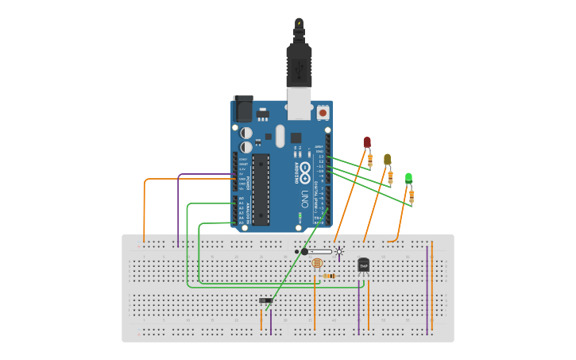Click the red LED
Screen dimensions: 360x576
click(367, 142)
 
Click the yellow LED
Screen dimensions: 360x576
click(387, 159)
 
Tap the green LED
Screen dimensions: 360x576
click(408, 177)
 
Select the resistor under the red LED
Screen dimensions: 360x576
click(369, 161)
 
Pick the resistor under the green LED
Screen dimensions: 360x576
click(411, 195)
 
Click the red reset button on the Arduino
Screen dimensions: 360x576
click(323, 113)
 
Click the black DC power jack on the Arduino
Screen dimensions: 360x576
click(242, 109)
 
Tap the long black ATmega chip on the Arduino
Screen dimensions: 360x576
click(261, 189)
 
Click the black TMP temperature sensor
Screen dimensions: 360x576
click(363, 265)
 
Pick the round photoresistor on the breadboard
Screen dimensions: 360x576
click(317, 262)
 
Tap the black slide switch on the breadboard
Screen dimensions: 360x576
click(266, 300)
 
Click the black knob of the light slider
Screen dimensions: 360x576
click(304, 251)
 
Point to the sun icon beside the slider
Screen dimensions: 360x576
click(339, 251)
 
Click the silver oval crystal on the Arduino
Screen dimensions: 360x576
click(279, 135)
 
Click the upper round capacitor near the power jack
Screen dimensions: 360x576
click(247, 134)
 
